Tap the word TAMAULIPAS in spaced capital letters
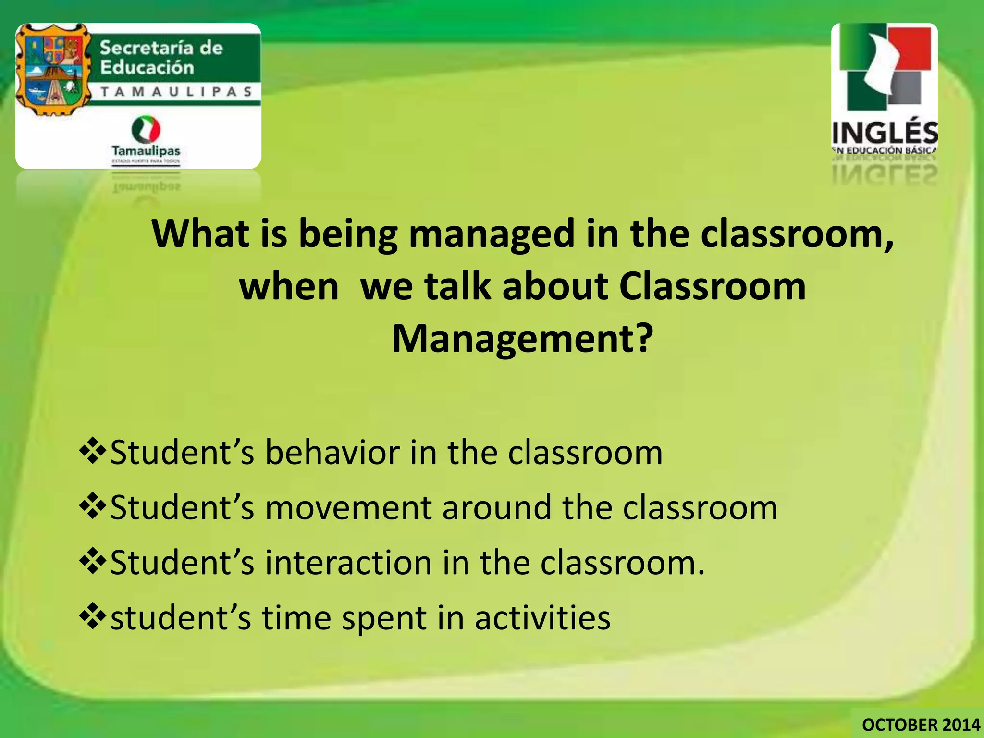point(176,92)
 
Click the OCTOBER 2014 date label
point(921,725)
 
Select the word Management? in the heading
point(523,338)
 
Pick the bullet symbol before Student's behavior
point(93,452)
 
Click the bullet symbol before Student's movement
point(93,507)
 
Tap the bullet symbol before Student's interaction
point(93,562)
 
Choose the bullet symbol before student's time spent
point(93,617)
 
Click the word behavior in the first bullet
point(332,453)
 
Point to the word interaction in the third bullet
point(348,563)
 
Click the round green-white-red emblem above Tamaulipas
point(146,129)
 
